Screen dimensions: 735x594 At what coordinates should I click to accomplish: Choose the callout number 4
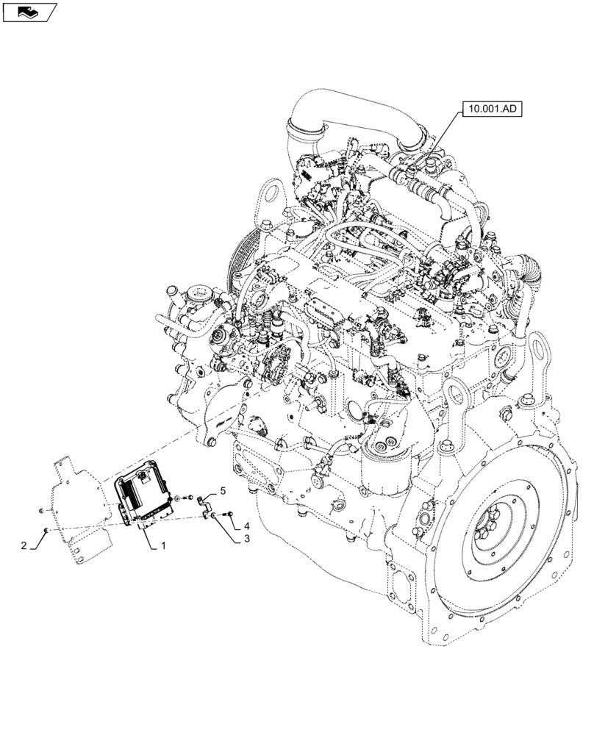(x=248, y=526)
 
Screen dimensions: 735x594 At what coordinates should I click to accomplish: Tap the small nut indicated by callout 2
(x=46, y=529)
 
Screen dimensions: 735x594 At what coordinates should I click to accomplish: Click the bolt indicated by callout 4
(x=230, y=512)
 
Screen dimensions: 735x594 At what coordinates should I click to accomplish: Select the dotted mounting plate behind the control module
(x=77, y=507)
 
